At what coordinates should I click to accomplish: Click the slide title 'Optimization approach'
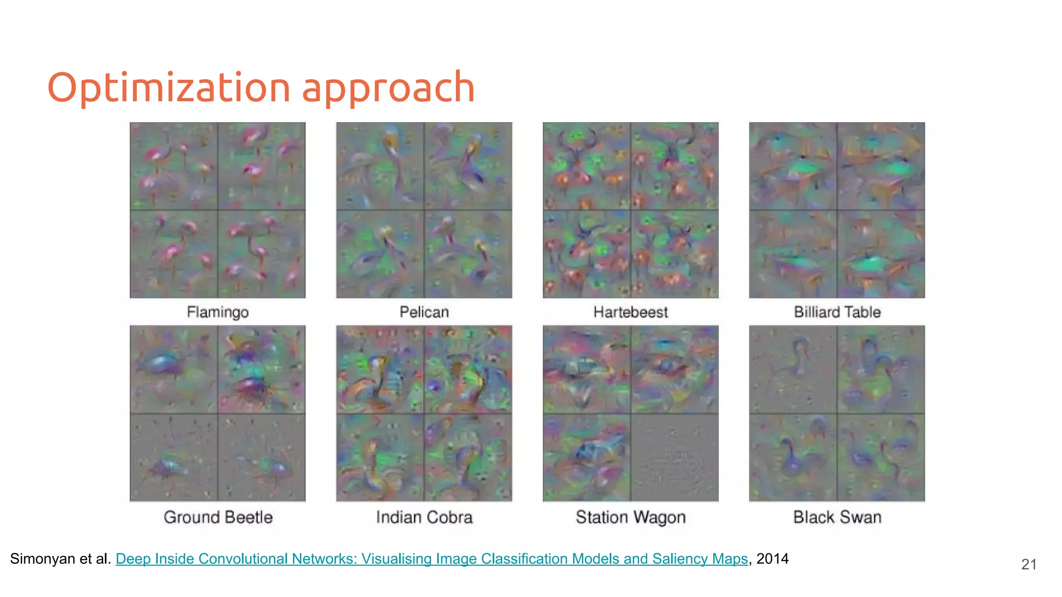pyautogui.click(x=261, y=87)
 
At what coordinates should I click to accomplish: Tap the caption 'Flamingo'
pyautogui.click(x=218, y=312)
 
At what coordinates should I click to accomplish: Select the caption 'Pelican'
pyautogui.click(x=424, y=312)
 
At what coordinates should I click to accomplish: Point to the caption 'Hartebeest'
pyautogui.click(x=631, y=312)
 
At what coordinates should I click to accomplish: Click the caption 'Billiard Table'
pyautogui.click(x=837, y=312)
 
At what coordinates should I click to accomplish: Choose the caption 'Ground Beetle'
pyautogui.click(x=218, y=517)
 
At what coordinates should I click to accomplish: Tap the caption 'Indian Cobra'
pyautogui.click(x=424, y=517)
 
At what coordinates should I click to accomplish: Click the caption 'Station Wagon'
pyautogui.click(x=631, y=517)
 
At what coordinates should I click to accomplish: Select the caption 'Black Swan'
pyautogui.click(x=837, y=517)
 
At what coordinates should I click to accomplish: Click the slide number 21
pyautogui.click(x=1029, y=564)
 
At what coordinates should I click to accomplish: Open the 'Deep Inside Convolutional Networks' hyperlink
pyautogui.click(x=431, y=559)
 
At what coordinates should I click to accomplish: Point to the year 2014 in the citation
pyautogui.click(x=772, y=559)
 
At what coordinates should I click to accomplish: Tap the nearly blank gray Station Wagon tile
pyautogui.click(x=675, y=457)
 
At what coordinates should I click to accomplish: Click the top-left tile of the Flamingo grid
pyautogui.click(x=174, y=166)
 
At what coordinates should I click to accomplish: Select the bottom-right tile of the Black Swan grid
pyautogui.click(x=881, y=457)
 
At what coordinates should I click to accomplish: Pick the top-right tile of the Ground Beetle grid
pyautogui.click(x=262, y=369)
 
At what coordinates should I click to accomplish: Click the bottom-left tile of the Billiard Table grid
pyautogui.click(x=793, y=254)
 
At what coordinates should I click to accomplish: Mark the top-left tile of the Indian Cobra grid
pyautogui.click(x=380, y=369)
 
